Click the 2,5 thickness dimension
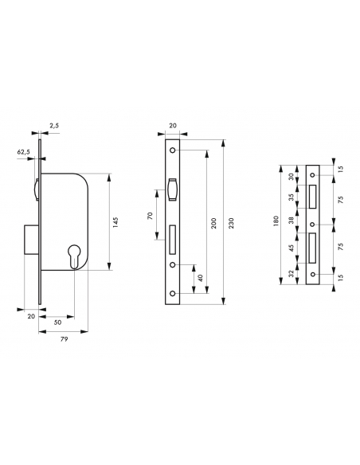pos(53,125)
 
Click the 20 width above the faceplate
pos(174,125)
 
